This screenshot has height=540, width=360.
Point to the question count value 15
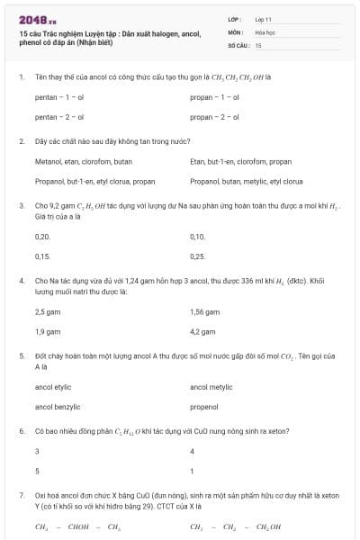tap(258, 44)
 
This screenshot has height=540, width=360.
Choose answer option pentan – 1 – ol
tap(59, 95)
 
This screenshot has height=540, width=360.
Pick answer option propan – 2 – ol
tap(215, 117)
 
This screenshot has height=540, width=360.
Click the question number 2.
tap(21, 141)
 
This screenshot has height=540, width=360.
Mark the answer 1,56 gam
tap(205, 311)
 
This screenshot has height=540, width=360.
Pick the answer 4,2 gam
tap(203, 332)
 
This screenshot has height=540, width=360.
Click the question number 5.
tap(21, 357)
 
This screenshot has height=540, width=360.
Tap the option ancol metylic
tap(211, 387)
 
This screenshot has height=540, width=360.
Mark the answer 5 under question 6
tap(37, 471)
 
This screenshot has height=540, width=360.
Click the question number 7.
tap(21, 496)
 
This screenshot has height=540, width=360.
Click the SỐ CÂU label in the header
tap(238, 44)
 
